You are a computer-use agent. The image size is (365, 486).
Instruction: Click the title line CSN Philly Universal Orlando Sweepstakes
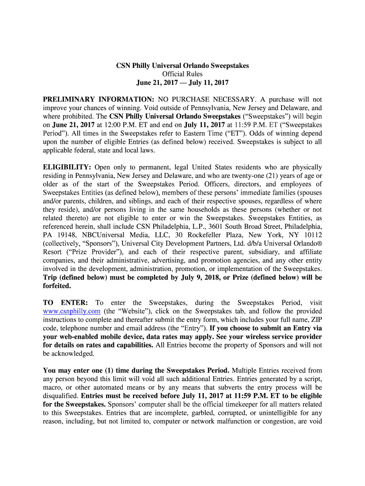tap(182, 65)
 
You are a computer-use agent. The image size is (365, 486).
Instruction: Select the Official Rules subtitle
tap(182, 74)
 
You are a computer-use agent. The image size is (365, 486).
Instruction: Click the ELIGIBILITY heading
tap(67, 168)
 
